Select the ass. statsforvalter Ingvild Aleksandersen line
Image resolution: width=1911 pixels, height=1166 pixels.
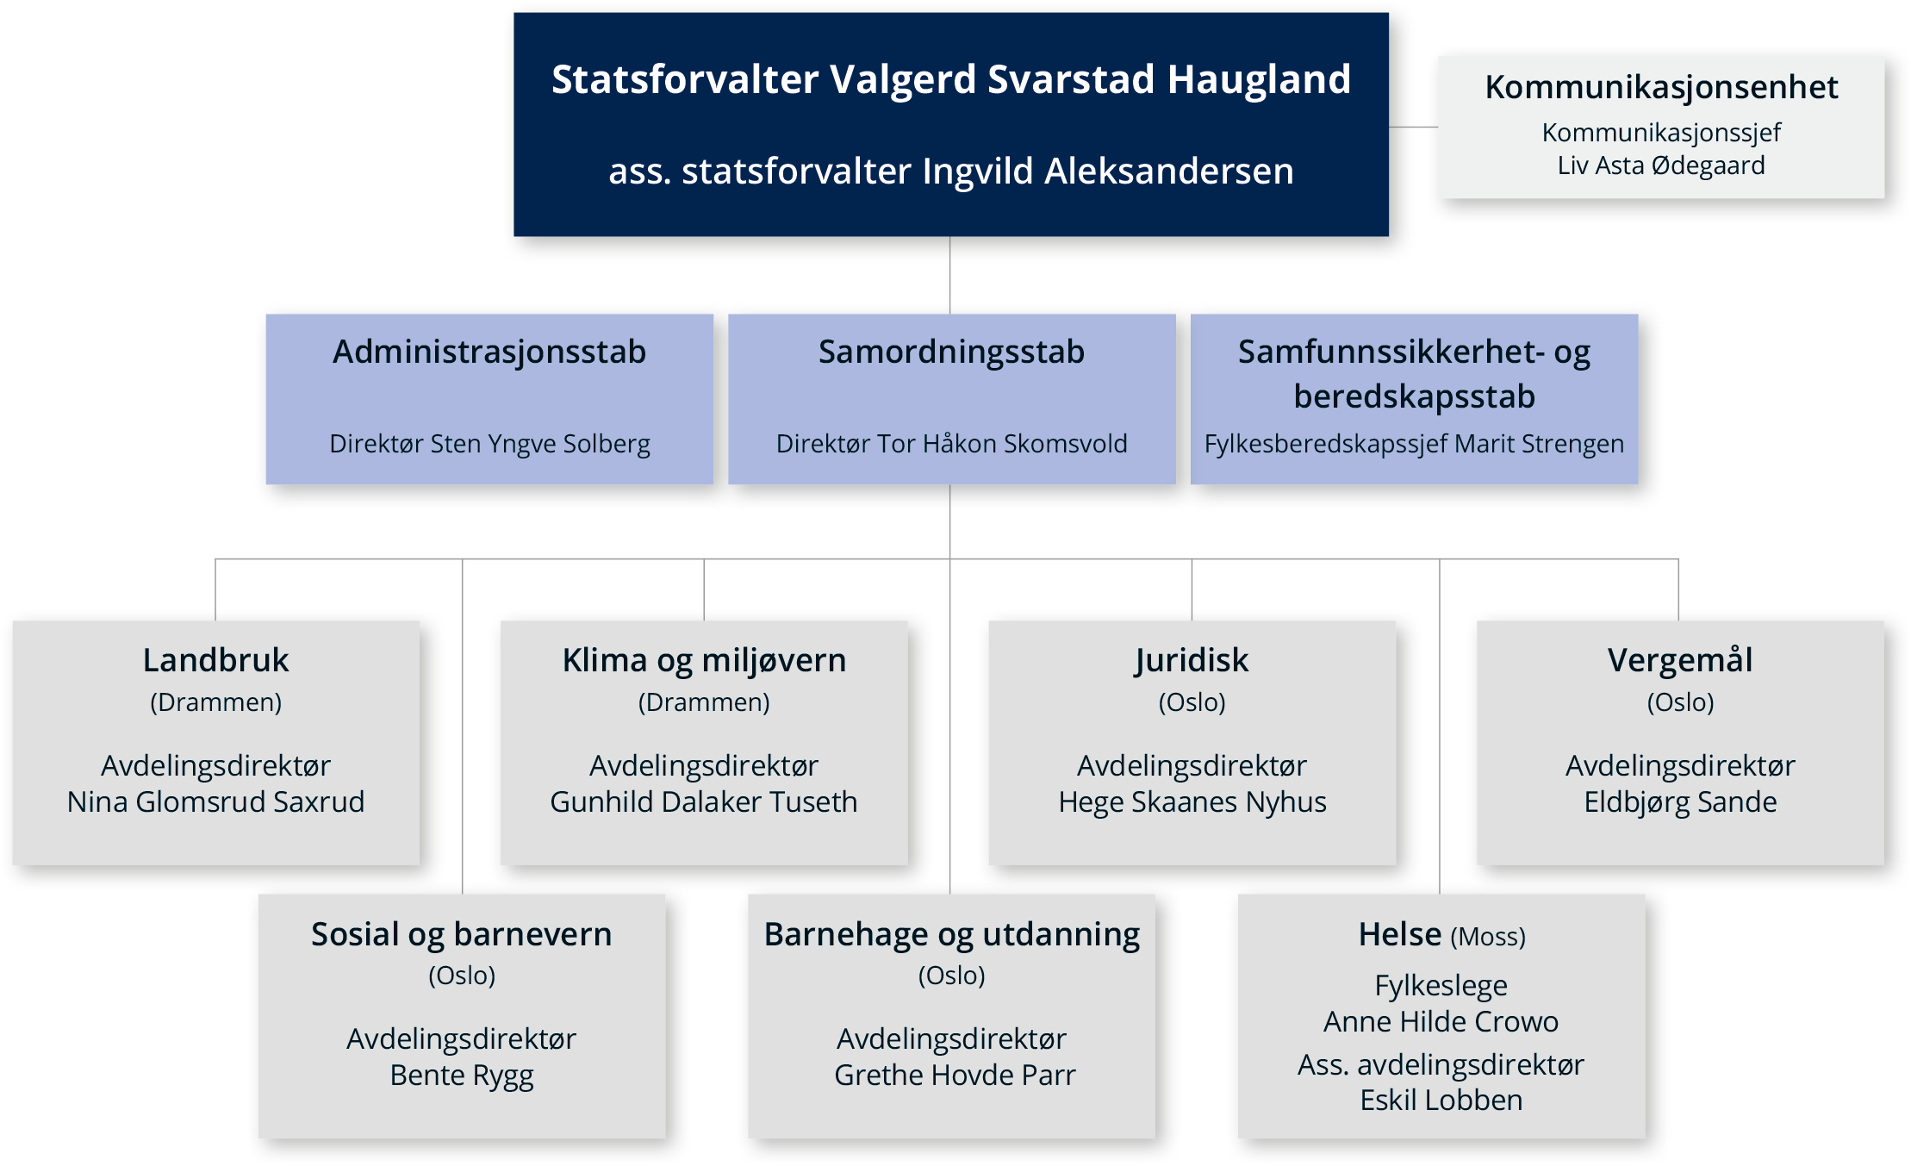[x=951, y=171]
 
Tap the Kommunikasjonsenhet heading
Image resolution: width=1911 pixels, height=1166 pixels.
[x=1661, y=87]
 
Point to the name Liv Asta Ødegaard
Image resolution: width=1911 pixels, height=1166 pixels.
[x=1661, y=165]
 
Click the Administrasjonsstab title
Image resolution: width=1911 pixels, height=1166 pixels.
[x=489, y=352]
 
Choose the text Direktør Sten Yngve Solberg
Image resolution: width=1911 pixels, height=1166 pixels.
[x=489, y=444]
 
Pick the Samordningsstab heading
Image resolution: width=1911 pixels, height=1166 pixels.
[x=951, y=352]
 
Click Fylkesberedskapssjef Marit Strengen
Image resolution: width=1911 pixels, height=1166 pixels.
[x=1414, y=444]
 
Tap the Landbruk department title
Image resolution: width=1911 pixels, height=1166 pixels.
[x=215, y=660]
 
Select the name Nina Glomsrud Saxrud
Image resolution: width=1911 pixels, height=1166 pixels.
[x=215, y=801]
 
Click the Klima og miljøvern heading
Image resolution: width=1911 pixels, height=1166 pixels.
[x=704, y=661]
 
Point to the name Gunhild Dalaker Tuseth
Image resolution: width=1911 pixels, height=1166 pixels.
[x=704, y=801]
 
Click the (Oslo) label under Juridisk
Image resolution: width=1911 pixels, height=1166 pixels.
[x=1192, y=702]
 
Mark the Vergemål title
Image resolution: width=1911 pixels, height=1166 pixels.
[x=1680, y=660]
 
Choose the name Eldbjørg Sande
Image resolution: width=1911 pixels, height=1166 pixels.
[x=1680, y=802]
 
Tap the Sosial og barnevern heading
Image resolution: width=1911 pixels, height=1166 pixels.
[x=462, y=934]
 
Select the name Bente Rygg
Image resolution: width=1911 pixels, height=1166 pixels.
[x=462, y=1076]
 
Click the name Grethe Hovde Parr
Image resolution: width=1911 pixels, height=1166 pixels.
[x=955, y=1075]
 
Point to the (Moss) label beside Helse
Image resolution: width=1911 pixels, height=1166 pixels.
[x=1488, y=937]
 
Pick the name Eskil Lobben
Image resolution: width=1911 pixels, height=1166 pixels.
[x=1441, y=1101]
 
